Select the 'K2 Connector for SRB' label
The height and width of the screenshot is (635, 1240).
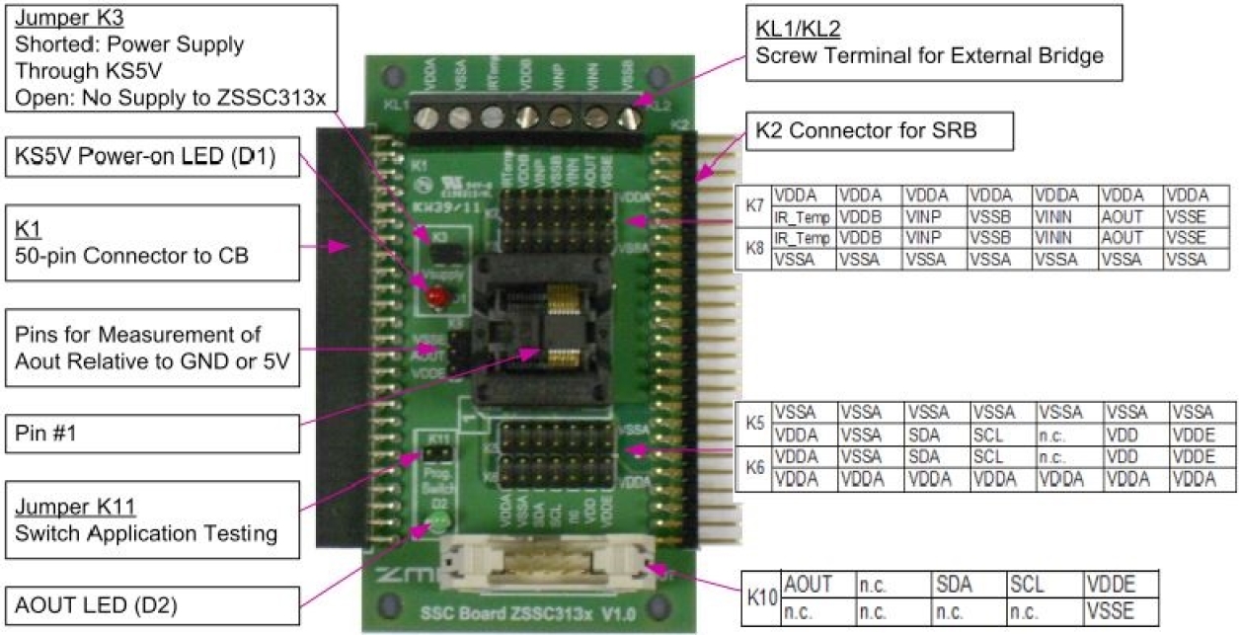coord(866,129)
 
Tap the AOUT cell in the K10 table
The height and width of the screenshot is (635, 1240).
coord(817,586)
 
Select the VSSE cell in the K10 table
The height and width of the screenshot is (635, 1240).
coord(1119,611)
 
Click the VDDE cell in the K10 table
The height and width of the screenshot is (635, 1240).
coord(1119,586)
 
